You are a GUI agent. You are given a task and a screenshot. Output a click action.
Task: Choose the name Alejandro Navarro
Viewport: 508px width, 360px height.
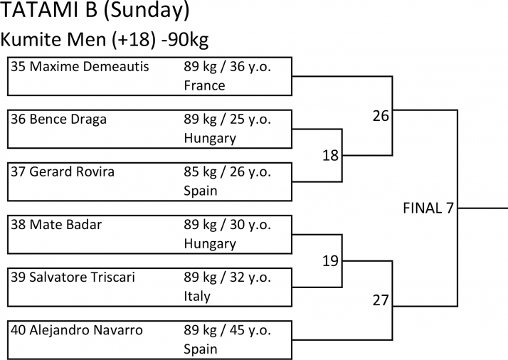coord(86,330)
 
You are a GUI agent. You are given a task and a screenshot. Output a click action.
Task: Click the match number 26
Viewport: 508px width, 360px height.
coord(381,115)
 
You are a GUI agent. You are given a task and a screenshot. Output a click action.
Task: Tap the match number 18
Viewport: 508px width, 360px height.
coord(330,155)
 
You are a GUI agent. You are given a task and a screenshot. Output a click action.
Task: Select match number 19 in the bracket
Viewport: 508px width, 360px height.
coord(330,261)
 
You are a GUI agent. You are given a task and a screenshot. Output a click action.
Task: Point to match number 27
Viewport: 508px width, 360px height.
coord(381,300)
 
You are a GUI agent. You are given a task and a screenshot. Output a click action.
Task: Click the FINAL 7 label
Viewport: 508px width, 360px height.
coord(428,208)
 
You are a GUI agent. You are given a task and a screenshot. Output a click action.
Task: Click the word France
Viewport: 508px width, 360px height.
coord(204,85)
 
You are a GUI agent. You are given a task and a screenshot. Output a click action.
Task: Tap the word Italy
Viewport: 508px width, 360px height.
coord(197,296)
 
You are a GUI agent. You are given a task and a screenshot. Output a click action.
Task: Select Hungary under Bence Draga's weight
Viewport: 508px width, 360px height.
coord(209,138)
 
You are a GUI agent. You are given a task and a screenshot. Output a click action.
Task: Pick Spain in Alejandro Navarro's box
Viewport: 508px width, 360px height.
coord(200,349)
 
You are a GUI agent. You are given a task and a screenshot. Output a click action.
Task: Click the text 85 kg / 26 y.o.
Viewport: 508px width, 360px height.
coord(237,172)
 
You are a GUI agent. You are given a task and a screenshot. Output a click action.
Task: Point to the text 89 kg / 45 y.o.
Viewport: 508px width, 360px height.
coord(237,330)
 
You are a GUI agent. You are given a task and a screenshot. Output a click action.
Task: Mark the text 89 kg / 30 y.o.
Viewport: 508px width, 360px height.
coord(237,225)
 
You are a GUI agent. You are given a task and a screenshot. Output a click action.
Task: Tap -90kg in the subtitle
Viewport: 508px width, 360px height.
coord(184,39)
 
